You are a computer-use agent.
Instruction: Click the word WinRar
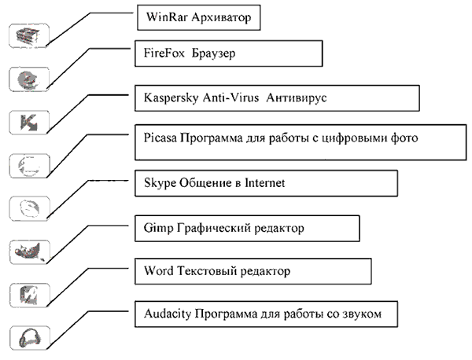click(x=167, y=17)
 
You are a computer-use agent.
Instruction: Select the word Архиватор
click(x=221, y=17)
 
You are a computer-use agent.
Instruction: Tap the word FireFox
click(x=164, y=53)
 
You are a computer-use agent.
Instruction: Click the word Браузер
click(x=213, y=53)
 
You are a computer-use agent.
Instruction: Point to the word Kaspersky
click(x=171, y=97)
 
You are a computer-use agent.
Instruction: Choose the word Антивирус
click(x=297, y=97)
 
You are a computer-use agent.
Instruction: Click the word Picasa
click(x=160, y=138)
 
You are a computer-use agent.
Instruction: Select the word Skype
click(x=160, y=183)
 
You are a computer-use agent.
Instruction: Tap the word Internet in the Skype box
click(x=264, y=183)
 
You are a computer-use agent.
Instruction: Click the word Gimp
click(x=159, y=228)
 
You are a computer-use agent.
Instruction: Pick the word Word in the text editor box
click(x=159, y=270)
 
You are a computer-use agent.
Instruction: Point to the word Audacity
click(x=168, y=314)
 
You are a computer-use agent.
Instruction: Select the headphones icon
click(x=30, y=338)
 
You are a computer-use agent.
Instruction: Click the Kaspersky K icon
click(x=29, y=123)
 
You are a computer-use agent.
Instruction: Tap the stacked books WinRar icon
click(x=28, y=36)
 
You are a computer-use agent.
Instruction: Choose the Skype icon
click(x=30, y=208)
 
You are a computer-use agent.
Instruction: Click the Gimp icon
click(x=28, y=252)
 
